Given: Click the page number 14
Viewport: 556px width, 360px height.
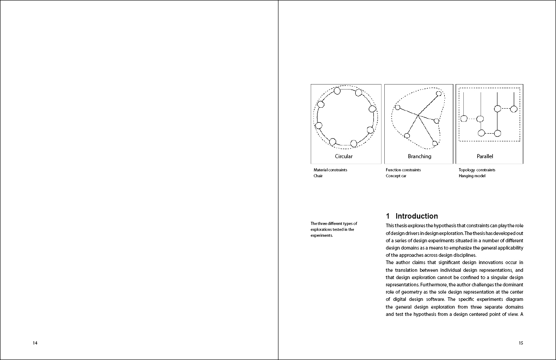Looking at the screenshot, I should (x=35, y=343).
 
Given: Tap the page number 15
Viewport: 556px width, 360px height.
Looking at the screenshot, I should (x=521, y=343).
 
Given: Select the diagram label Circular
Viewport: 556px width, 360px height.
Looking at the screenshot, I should (x=343, y=156).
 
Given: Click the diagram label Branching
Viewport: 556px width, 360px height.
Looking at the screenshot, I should (x=419, y=156).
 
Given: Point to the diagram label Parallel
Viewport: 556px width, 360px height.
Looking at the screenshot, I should (x=485, y=156).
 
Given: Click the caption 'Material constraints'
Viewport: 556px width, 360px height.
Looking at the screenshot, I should (x=330, y=170).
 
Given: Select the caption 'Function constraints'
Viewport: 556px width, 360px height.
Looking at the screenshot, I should (x=403, y=170).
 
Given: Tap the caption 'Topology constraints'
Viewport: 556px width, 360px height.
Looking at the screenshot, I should (x=477, y=170).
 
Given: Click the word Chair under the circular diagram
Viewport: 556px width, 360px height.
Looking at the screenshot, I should (x=318, y=176).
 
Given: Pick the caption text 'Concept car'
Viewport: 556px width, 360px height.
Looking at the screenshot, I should (x=396, y=176).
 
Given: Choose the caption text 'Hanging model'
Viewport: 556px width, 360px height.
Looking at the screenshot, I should (x=472, y=176).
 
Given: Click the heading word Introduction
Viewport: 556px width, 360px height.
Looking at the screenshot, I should (x=417, y=216).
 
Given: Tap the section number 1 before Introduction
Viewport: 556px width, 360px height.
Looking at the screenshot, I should (x=388, y=216).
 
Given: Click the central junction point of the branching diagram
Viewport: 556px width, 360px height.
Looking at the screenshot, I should (x=418, y=115).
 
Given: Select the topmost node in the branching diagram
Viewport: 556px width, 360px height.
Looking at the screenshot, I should (x=438, y=94).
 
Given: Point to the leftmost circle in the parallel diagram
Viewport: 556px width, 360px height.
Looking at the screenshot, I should (x=464, y=119).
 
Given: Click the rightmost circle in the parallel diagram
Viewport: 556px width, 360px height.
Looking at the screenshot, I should (x=514, y=109).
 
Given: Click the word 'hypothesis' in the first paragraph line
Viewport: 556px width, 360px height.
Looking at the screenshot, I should (x=439, y=226).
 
